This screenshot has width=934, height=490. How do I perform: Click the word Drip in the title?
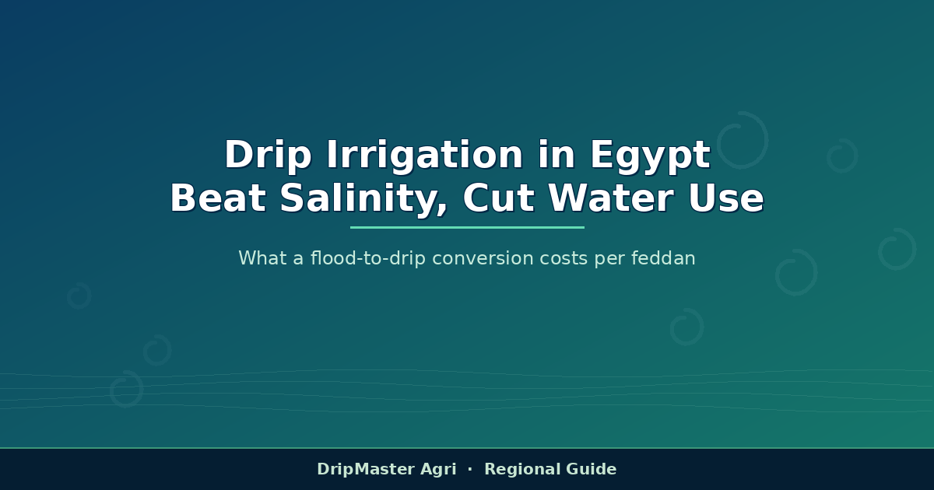tap(268, 156)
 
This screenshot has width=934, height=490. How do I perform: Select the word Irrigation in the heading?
tap(424, 156)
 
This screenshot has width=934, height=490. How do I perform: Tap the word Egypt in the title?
tap(651, 156)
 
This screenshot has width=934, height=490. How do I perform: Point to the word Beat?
tap(218, 198)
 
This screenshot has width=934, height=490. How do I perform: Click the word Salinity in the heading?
tap(363, 199)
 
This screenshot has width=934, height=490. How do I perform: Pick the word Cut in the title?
tap(498, 198)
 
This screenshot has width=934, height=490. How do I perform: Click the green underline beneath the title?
tap(467, 227)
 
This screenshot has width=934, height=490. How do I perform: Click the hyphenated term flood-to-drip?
tap(367, 258)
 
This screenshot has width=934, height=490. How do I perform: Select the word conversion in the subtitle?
tap(483, 258)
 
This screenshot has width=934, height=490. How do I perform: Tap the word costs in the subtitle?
tap(564, 259)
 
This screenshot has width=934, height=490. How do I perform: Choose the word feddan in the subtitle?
tap(663, 258)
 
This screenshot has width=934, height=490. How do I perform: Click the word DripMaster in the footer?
tap(366, 470)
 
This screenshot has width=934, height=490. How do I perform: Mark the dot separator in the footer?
tap(470, 469)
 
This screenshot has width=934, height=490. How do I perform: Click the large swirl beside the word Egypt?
tap(767, 140)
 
